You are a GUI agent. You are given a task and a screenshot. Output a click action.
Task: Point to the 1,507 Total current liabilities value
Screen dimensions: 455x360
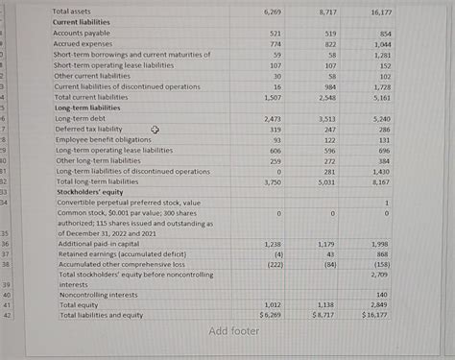pyautogui.click(x=273, y=98)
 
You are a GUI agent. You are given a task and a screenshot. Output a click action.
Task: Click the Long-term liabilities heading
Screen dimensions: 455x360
pyautogui.click(x=85, y=108)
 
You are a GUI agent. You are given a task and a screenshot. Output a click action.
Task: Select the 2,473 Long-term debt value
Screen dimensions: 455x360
pyautogui.click(x=273, y=119)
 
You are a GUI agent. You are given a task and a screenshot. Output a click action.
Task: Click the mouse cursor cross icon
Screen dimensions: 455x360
pyautogui.click(x=155, y=130)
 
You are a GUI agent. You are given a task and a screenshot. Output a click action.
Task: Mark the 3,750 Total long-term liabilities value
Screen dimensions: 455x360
pyautogui.click(x=273, y=181)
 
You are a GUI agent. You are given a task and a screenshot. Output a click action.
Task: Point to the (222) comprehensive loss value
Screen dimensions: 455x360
pyautogui.click(x=275, y=264)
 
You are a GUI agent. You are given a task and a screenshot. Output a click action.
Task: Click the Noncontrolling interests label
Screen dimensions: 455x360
pyautogui.click(x=97, y=295)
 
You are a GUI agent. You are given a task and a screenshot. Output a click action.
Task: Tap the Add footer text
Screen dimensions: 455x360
pyautogui.click(x=234, y=332)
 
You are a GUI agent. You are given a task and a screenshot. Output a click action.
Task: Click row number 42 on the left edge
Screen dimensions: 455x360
pyautogui.click(x=8, y=315)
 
